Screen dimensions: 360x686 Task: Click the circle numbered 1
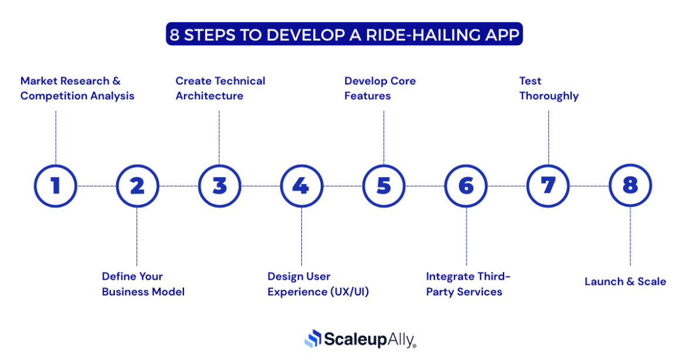(x=55, y=186)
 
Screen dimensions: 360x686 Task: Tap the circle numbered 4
(x=301, y=186)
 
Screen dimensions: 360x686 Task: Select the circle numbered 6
(x=466, y=186)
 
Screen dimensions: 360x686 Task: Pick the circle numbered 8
(x=630, y=186)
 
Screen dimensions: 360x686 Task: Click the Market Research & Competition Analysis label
(x=77, y=89)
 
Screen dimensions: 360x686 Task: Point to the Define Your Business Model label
(x=142, y=284)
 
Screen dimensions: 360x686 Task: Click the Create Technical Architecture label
(x=220, y=89)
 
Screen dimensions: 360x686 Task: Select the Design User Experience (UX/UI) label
(x=318, y=284)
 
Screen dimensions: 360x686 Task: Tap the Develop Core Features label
(x=379, y=89)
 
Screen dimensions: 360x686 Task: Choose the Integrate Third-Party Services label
(x=468, y=284)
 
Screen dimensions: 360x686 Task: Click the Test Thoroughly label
(x=548, y=89)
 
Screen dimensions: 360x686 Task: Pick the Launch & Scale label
(x=625, y=281)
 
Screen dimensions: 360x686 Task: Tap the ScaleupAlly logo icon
(x=313, y=338)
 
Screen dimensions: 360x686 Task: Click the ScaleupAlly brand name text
(x=369, y=339)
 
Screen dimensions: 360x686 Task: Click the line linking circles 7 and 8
(x=589, y=186)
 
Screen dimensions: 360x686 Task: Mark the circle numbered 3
(x=219, y=186)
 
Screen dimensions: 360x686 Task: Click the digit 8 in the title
(x=174, y=35)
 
